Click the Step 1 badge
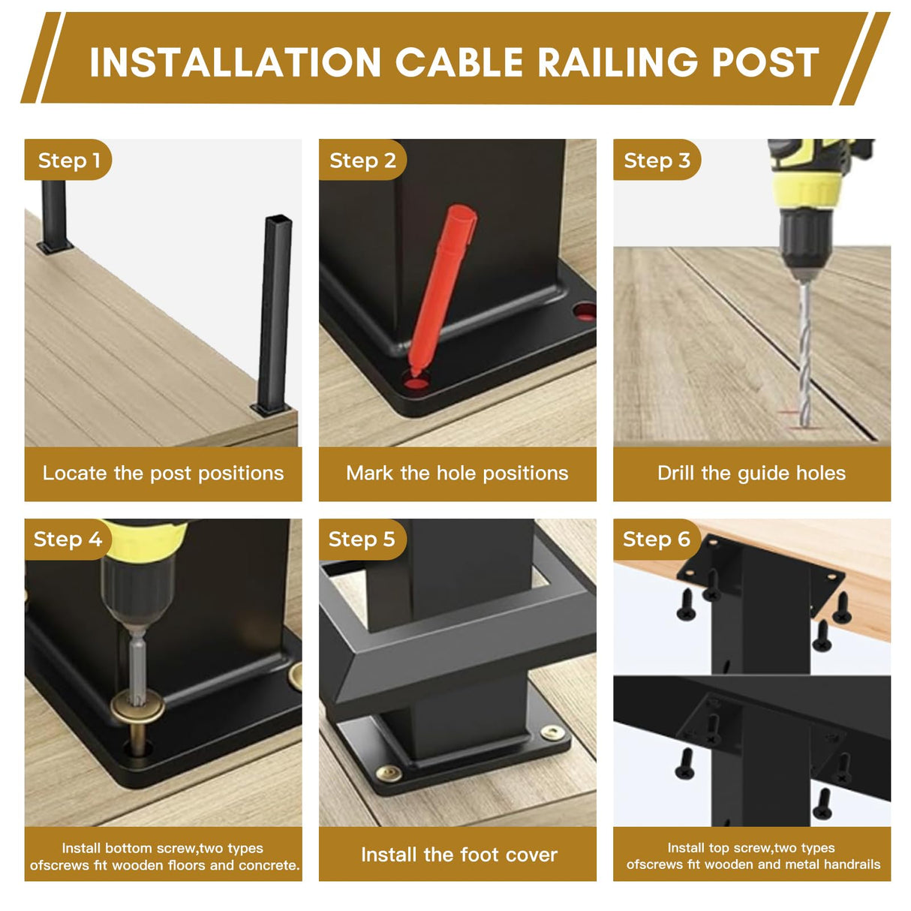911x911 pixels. pyautogui.click(x=68, y=160)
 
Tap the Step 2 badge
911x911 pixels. pyautogui.click(x=362, y=160)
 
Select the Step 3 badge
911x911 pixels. pyautogui.click(x=657, y=160)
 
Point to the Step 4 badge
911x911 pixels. pyautogui.click(x=68, y=540)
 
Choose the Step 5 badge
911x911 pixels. pyautogui.click(x=362, y=540)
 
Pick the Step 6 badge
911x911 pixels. pyautogui.click(x=657, y=540)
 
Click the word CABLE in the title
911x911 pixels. pyautogui.click(x=459, y=62)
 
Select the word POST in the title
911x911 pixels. pyautogui.click(x=766, y=62)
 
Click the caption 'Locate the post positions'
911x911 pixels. pyautogui.click(x=163, y=474)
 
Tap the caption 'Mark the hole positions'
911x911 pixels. pyautogui.click(x=457, y=474)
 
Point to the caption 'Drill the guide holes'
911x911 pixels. pyautogui.click(x=752, y=474)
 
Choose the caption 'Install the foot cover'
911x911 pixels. pyautogui.click(x=459, y=855)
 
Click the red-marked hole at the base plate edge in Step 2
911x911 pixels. pyautogui.click(x=585, y=311)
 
